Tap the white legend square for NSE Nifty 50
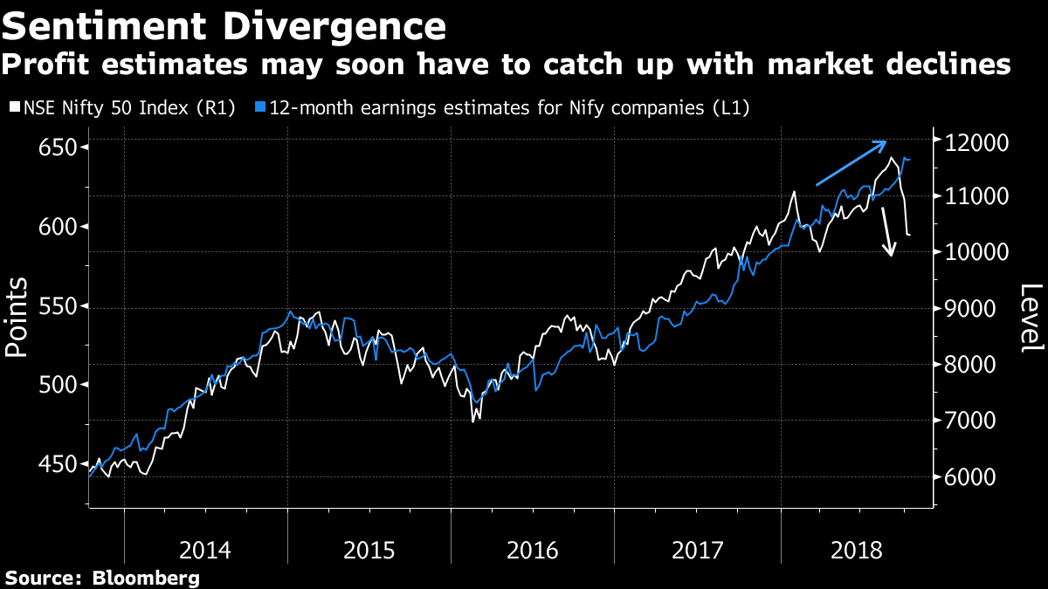(x=13, y=108)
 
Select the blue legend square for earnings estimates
(x=259, y=108)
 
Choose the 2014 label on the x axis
(x=205, y=551)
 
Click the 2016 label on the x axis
(x=533, y=551)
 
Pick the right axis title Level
(x=1031, y=318)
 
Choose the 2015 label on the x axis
(x=369, y=551)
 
